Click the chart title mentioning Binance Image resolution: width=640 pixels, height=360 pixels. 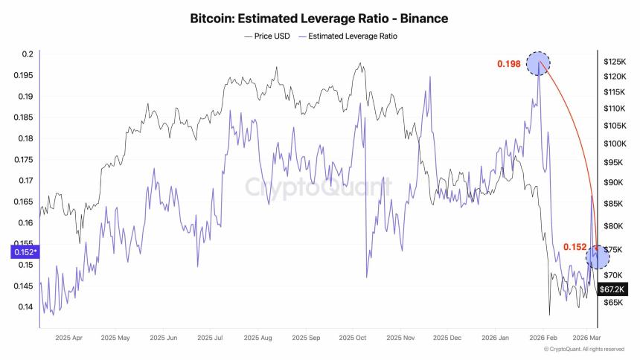319,17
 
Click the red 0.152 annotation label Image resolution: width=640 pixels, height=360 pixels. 575,247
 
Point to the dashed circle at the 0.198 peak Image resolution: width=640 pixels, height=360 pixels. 538,63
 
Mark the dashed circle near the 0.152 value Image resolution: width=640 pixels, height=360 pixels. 598,257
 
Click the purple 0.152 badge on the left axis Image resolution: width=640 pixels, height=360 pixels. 23,252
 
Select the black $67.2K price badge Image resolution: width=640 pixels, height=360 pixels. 612,288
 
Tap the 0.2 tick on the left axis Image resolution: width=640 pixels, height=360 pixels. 28,54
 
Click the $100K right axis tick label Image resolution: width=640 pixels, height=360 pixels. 614,144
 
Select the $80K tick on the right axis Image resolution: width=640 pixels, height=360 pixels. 612,226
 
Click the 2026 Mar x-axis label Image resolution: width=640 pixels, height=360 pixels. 586,337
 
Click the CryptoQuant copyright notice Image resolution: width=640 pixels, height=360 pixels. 583,349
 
